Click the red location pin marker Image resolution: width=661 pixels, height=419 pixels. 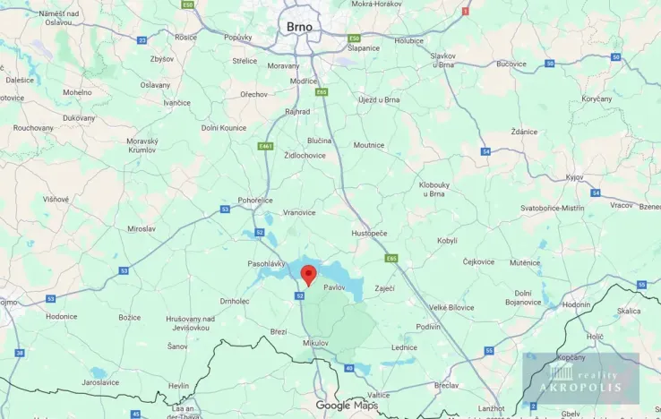[308, 274]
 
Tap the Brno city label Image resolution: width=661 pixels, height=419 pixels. [299, 28]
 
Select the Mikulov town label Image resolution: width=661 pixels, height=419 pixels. [316, 343]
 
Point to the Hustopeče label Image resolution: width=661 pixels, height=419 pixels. [369, 233]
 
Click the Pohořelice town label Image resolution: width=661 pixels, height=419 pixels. [255, 201]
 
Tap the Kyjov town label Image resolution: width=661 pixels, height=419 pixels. [575, 177]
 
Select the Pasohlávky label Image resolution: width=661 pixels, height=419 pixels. [266, 264]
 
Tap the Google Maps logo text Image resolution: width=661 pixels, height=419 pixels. [346, 406]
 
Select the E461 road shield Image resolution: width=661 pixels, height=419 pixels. [265, 146]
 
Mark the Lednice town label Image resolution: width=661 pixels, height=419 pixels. [403, 347]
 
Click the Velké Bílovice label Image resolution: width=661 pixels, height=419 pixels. [451, 307]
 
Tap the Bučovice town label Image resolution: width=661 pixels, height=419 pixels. [511, 64]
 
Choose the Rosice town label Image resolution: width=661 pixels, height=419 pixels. [185, 38]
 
